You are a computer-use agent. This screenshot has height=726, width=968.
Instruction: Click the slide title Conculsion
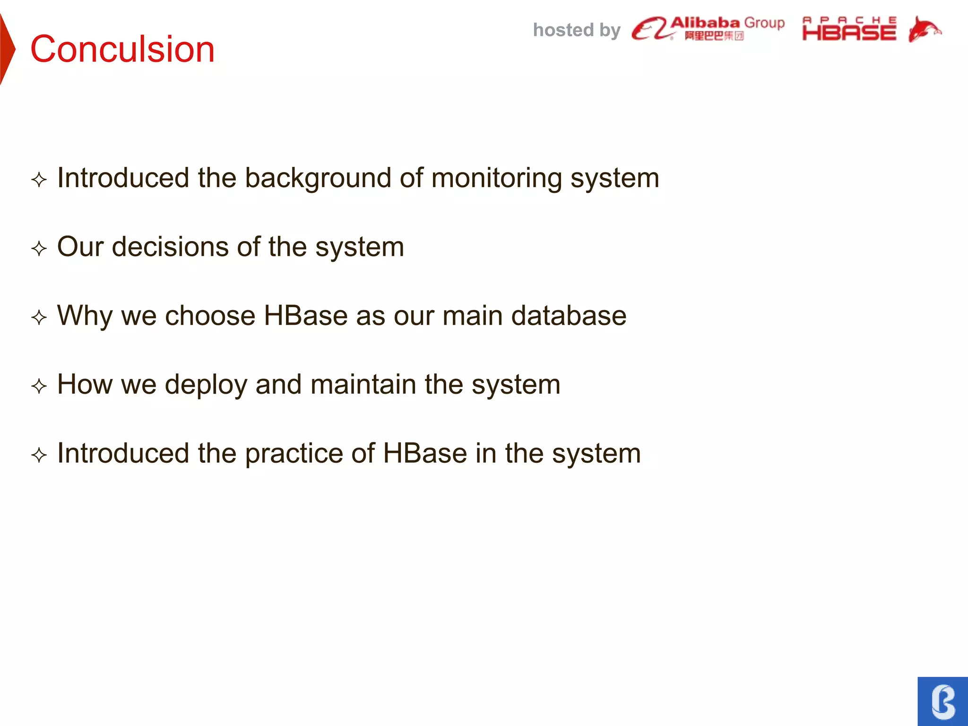[122, 49]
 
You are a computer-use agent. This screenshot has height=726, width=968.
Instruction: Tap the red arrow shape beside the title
[7, 49]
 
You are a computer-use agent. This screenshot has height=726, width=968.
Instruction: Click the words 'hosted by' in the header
[576, 30]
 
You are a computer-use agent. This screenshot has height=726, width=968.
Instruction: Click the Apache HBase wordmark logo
[849, 29]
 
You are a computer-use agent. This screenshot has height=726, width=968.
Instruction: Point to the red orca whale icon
[924, 29]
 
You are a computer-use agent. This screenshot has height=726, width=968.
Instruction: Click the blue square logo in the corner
[942, 701]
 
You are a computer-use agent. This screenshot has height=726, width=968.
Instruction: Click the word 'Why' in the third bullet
[84, 316]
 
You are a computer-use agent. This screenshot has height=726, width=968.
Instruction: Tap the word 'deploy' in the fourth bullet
[206, 385]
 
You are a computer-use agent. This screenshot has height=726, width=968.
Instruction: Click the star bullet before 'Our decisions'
[39, 249]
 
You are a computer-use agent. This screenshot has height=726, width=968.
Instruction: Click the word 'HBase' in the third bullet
[305, 316]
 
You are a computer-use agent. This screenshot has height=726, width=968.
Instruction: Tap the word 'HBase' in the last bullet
[424, 454]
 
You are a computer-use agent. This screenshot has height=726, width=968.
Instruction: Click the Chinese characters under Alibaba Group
[714, 36]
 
